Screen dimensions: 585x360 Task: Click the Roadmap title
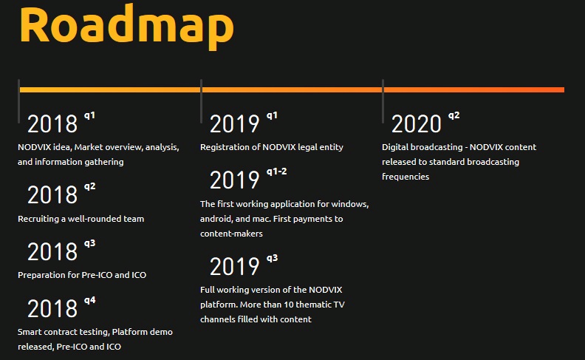126,26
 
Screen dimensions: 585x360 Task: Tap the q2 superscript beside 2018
89,186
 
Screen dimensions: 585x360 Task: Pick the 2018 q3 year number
52,251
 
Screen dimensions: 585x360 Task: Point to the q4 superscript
89,300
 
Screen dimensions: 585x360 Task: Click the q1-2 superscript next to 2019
276,171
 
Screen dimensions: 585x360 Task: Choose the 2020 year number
417,124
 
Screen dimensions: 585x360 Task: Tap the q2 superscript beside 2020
454,115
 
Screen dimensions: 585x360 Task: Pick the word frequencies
406,177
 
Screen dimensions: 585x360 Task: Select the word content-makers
231,234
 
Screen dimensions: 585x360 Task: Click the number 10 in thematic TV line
289,305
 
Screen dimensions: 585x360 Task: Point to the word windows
350,204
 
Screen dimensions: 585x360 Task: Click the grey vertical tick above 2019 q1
201,101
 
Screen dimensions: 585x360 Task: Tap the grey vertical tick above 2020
383,101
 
